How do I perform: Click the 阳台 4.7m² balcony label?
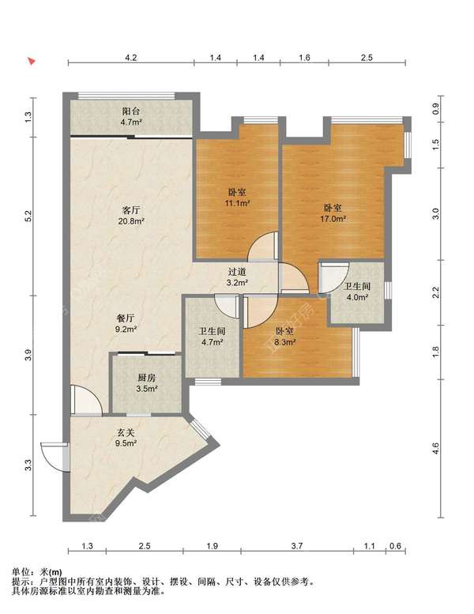click(x=131, y=117)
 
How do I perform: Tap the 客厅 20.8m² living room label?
click(x=131, y=216)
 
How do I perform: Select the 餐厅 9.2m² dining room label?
click(x=126, y=323)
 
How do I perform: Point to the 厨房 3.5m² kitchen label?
click(x=147, y=383)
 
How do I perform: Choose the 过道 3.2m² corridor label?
click(x=238, y=277)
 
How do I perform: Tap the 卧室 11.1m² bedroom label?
click(x=238, y=198)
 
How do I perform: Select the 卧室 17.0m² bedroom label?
click(x=333, y=213)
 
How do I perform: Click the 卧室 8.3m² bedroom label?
click(x=284, y=337)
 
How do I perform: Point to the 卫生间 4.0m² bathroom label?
click(x=356, y=292)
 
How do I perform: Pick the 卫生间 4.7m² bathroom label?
click(x=212, y=337)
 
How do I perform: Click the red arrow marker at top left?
click(x=32, y=62)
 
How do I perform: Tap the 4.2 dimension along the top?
click(x=130, y=58)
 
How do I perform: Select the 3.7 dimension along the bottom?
click(x=297, y=546)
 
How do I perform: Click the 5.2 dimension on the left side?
click(x=28, y=216)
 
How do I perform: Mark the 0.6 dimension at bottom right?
click(x=395, y=546)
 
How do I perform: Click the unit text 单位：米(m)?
click(x=37, y=572)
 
